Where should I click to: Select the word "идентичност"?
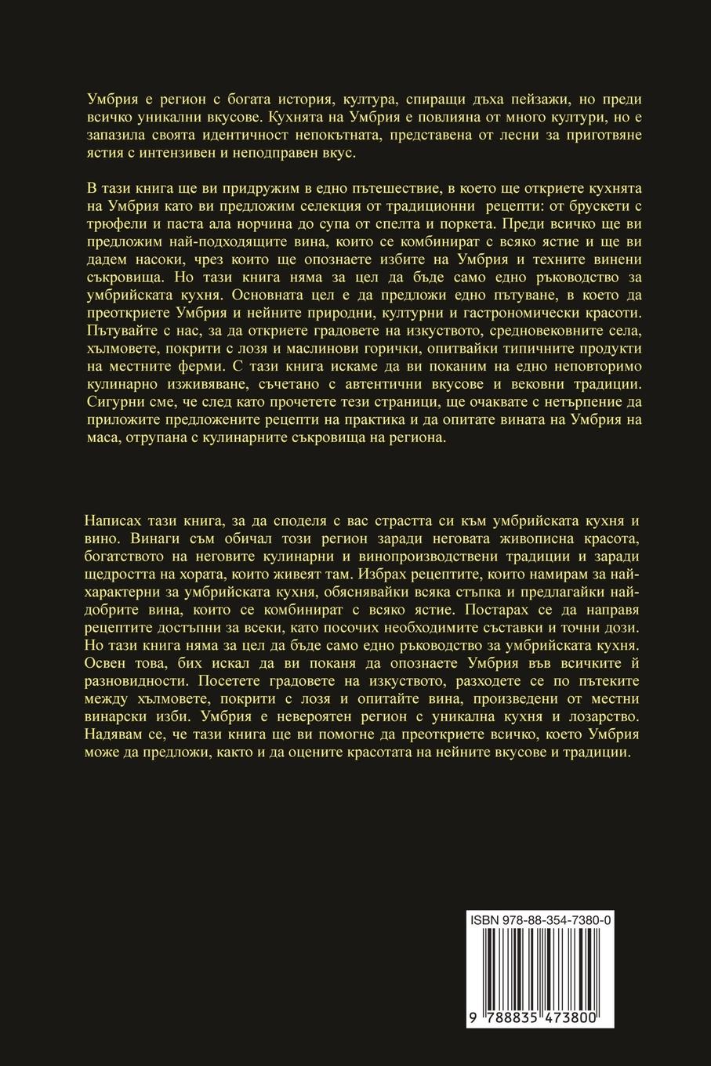235,136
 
